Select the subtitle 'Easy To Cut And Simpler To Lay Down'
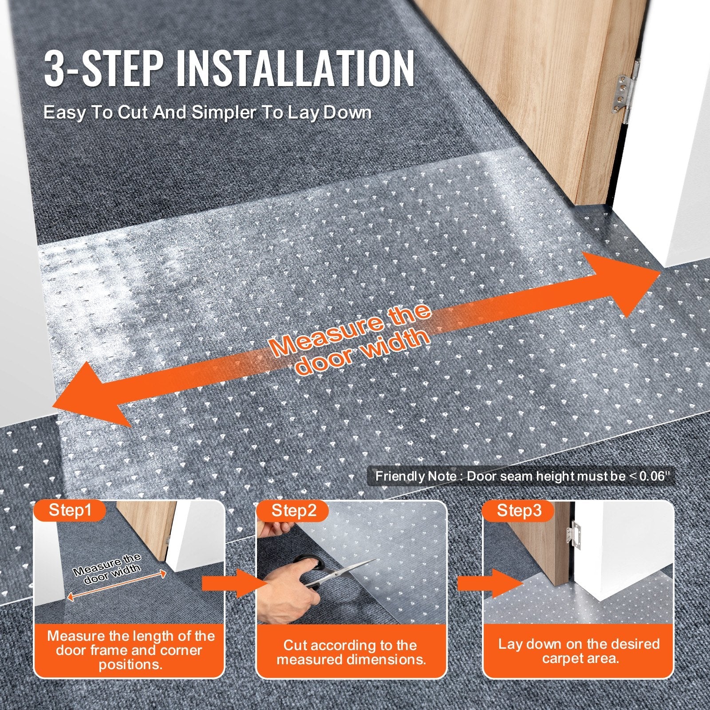pos(207,112)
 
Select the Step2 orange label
pos(294,510)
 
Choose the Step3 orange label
pos(519,510)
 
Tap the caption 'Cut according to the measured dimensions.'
pos(351,652)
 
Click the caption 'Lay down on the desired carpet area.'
pos(578,651)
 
